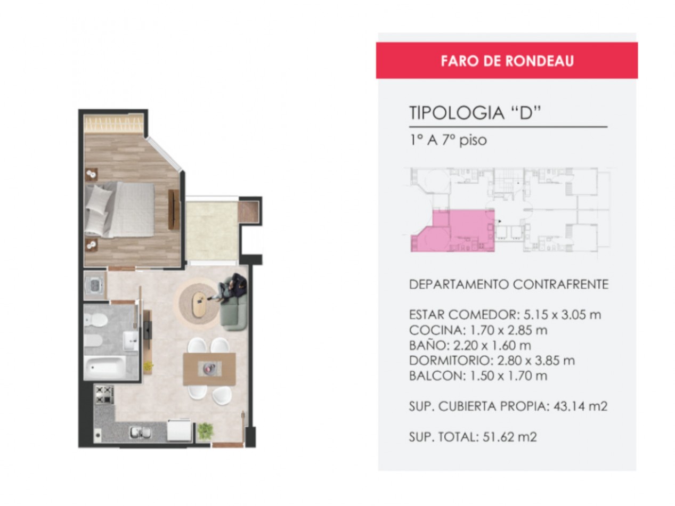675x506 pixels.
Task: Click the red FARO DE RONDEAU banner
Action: [506, 60]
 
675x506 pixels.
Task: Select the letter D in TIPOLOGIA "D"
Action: [526, 112]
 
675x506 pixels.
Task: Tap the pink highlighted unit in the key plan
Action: [452, 231]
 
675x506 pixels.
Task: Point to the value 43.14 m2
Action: [580, 406]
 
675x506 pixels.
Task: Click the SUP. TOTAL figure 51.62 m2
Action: [509, 437]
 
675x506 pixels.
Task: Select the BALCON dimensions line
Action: [478, 376]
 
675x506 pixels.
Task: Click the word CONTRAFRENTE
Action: [560, 284]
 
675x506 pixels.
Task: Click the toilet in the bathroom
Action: [96, 320]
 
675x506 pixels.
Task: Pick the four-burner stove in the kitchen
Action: [104, 394]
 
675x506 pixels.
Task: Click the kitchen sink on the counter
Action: [140, 432]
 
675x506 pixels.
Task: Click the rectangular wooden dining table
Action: [209, 369]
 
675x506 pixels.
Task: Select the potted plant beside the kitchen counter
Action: [205, 431]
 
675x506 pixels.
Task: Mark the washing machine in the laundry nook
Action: [94, 286]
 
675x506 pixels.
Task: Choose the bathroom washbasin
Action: [131, 340]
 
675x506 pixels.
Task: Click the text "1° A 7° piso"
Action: [448, 141]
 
